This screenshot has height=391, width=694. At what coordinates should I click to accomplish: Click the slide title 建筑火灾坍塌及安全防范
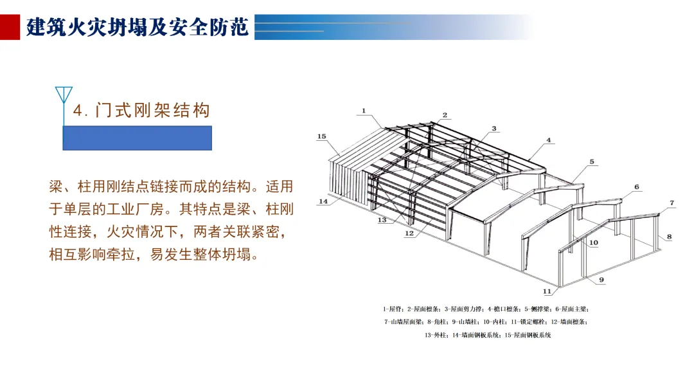[x=138, y=28]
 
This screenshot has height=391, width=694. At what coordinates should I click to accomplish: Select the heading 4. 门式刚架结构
[x=141, y=111]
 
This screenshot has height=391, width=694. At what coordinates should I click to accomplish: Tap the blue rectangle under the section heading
[x=137, y=138]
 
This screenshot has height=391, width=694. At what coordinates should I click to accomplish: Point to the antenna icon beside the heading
[x=64, y=96]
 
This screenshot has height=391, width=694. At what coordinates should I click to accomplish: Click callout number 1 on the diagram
[x=363, y=111]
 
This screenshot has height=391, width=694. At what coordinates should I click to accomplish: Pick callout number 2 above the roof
[x=444, y=116]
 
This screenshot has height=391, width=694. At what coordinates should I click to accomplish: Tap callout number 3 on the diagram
[x=494, y=129]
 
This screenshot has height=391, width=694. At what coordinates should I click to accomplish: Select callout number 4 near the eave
[x=549, y=140]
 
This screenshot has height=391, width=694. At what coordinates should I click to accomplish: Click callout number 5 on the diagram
[x=592, y=161]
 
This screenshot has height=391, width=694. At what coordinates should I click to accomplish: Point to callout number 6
[x=637, y=187]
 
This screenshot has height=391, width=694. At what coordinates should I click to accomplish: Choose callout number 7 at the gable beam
[x=672, y=203]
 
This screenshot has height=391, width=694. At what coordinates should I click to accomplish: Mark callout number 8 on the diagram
[x=669, y=237]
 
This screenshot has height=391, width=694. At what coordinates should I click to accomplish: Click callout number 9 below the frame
[x=602, y=280]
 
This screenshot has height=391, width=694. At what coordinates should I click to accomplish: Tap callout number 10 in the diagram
[x=593, y=242]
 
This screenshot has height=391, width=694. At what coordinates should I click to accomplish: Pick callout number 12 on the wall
[x=409, y=233]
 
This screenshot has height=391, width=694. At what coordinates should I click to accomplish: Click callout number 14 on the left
[x=323, y=201]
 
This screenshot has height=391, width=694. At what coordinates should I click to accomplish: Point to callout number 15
[x=322, y=136]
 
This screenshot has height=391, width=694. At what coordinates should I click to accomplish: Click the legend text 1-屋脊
[x=393, y=309]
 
